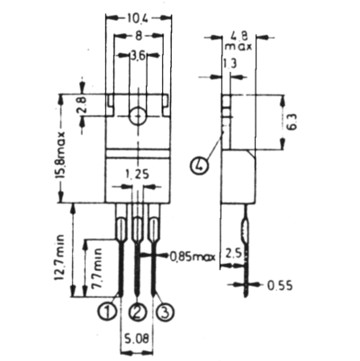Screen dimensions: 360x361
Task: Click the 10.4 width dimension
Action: tap(138, 18)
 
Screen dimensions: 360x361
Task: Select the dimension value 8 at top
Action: tap(139, 36)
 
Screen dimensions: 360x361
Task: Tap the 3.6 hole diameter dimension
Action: tap(138, 56)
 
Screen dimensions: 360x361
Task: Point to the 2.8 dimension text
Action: tap(82, 104)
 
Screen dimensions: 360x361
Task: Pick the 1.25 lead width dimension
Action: tap(137, 174)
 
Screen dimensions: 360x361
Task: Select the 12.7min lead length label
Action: tap(59, 257)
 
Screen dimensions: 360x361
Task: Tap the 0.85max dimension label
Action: tap(193, 257)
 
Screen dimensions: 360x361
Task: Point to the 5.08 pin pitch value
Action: tap(137, 339)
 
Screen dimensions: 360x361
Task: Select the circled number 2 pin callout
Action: tap(137, 312)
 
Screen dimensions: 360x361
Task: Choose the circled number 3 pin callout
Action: tap(166, 312)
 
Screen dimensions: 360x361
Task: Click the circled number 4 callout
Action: tap(199, 166)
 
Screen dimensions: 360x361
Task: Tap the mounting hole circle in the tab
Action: tap(139, 115)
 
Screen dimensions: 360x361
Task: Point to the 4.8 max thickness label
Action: tap(238, 41)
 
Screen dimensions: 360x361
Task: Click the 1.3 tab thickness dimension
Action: tap(229, 64)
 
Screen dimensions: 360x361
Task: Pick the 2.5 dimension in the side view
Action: tap(233, 254)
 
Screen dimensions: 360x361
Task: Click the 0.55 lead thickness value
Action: tap(280, 285)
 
